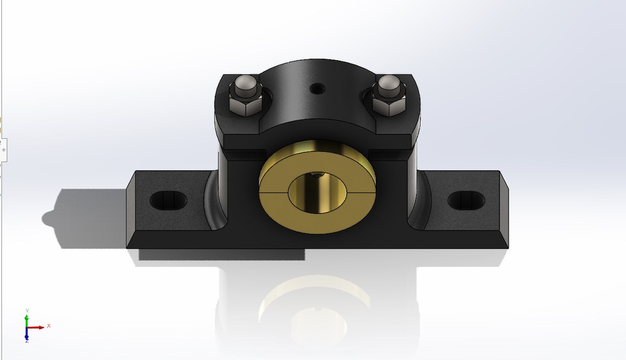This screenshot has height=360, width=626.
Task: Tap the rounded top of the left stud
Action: (x=245, y=83)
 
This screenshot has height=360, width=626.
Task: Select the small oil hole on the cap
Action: (x=318, y=87)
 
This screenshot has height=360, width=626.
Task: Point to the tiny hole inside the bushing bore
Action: (x=316, y=174)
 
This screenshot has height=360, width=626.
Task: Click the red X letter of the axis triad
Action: (x=49, y=325)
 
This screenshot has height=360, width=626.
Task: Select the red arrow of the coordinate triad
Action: (x=37, y=327)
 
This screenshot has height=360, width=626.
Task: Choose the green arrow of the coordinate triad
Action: (x=27, y=319)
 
